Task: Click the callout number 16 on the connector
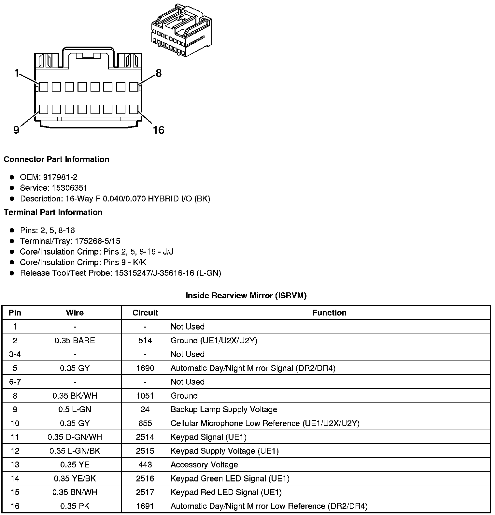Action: [159, 130]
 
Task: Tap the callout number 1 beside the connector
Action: [17, 73]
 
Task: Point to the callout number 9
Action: [16, 130]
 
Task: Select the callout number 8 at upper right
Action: [159, 73]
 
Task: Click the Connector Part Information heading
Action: [56, 159]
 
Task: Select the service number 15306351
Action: [70, 188]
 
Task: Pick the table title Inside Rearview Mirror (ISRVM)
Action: [246, 296]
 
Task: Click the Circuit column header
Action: [145, 313]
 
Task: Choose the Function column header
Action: [329, 313]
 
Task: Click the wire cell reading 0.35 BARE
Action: [75, 341]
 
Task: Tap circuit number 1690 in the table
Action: [145, 368]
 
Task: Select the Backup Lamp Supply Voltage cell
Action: [224, 410]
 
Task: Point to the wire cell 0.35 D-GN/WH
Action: [75, 437]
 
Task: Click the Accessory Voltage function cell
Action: [204, 465]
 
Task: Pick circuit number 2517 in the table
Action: [145, 492]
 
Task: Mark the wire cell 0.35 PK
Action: [75, 506]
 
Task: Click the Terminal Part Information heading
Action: [53, 213]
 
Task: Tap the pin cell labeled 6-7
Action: [15, 382]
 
